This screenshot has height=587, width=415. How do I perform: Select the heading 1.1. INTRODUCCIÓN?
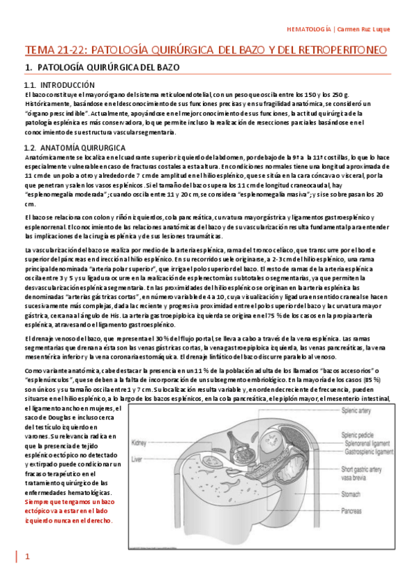tap(55, 84)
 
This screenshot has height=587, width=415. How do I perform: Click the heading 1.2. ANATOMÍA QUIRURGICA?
tap(74, 148)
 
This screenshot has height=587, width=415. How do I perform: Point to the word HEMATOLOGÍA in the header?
tap(308, 29)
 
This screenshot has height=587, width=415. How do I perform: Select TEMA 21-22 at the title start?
tap(53, 51)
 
